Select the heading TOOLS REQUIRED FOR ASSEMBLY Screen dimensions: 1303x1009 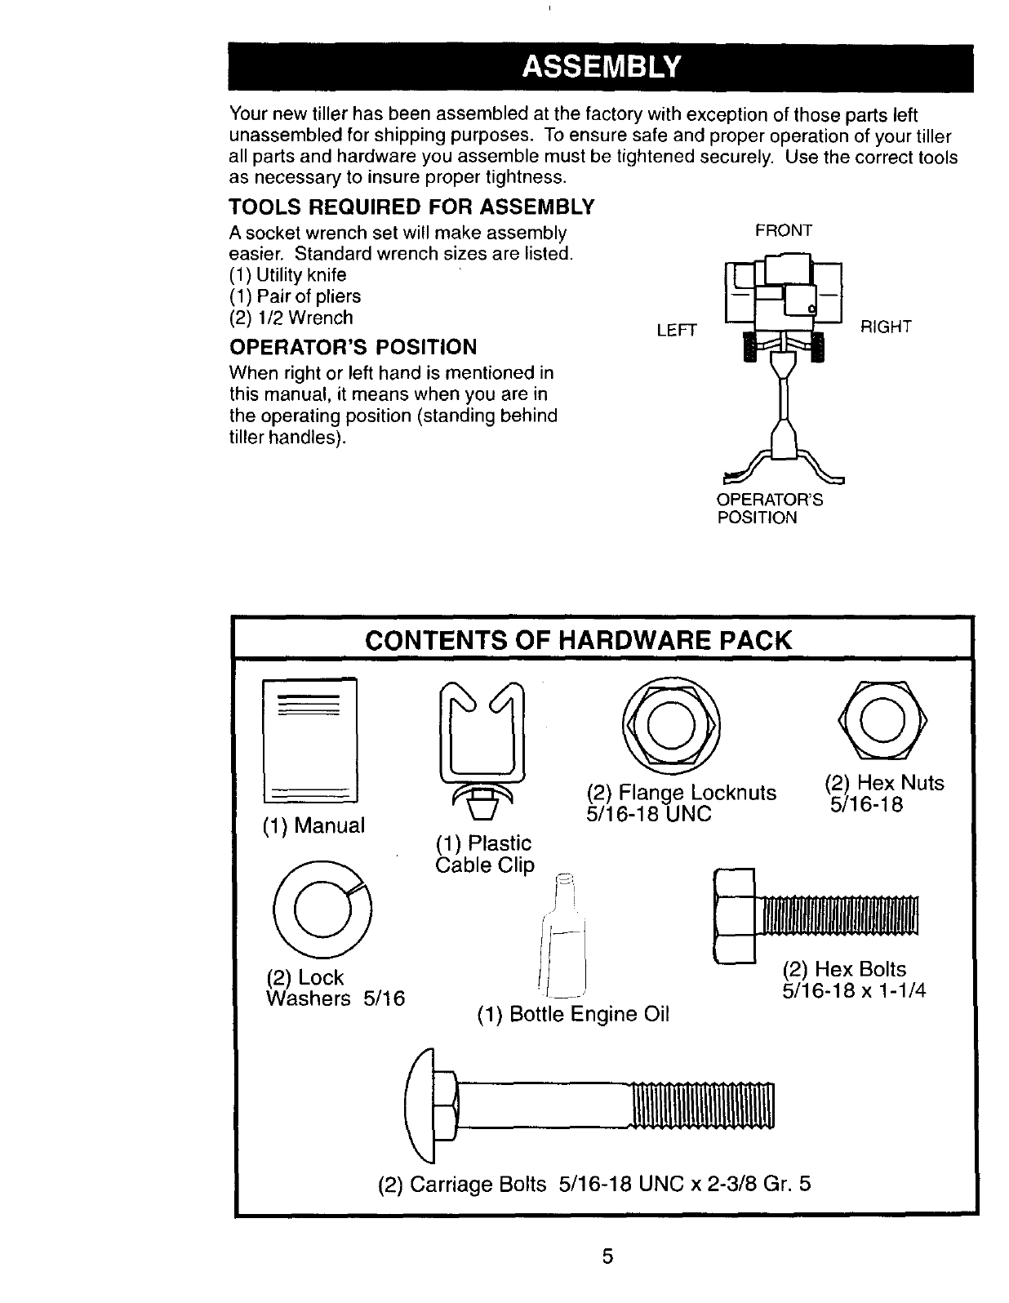[411, 206]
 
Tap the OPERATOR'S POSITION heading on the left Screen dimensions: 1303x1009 [353, 348]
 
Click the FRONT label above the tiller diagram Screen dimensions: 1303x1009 [784, 231]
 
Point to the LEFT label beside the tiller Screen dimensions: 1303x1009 [677, 330]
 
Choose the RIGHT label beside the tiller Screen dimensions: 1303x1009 [886, 327]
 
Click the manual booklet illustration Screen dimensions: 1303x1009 [309, 740]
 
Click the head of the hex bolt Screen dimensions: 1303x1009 [735, 916]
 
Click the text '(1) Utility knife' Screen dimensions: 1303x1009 [288, 275]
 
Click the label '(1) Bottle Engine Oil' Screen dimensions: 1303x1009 [573, 1014]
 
